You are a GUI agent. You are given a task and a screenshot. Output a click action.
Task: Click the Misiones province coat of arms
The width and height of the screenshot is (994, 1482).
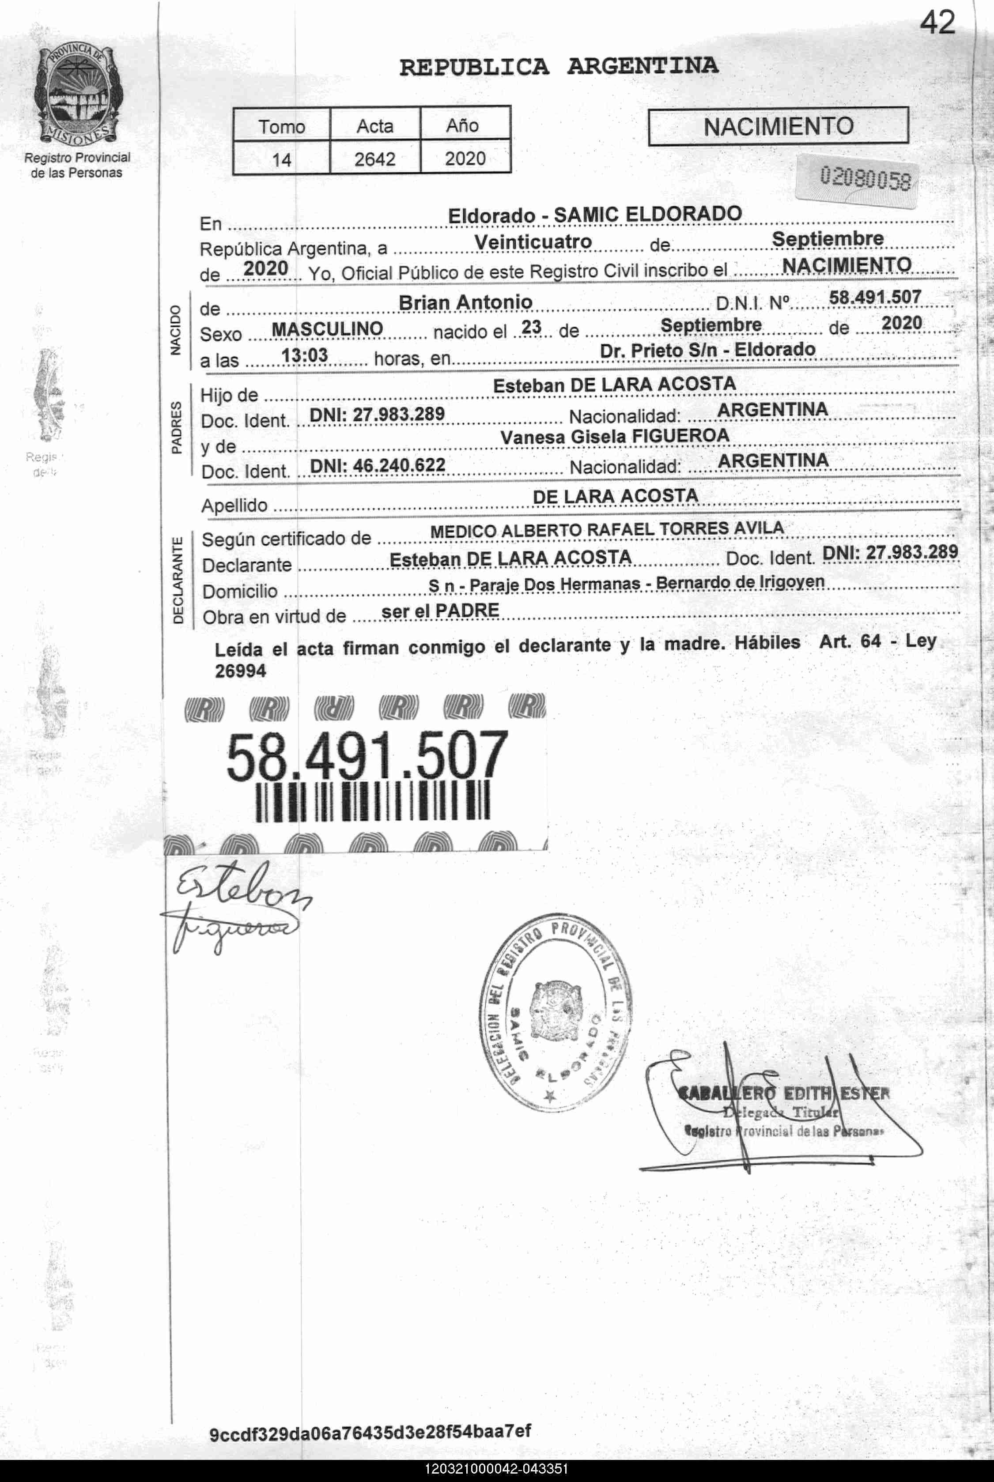pyautogui.click(x=77, y=95)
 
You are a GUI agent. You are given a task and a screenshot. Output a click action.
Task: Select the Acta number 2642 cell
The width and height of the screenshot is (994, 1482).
pyautogui.click(x=374, y=158)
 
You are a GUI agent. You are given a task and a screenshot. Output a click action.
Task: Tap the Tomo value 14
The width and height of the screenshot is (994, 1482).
pyautogui.click(x=281, y=159)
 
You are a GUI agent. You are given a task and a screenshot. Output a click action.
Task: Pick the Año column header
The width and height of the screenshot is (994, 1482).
pyautogui.click(x=462, y=125)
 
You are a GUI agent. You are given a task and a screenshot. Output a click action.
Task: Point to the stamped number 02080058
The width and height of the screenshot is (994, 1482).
pyautogui.click(x=865, y=179)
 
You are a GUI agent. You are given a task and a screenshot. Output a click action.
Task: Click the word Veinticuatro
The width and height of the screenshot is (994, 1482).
pyautogui.click(x=533, y=242)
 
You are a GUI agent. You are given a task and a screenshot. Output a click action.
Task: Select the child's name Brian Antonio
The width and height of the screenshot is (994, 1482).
pyautogui.click(x=465, y=302)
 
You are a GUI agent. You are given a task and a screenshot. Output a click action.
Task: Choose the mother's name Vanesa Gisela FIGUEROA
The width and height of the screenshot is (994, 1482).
pyautogui.click(x=614, y=436)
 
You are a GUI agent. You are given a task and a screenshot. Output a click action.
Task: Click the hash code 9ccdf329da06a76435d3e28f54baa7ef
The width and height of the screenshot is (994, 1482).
pyautogui.click(x=370, y=1432)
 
